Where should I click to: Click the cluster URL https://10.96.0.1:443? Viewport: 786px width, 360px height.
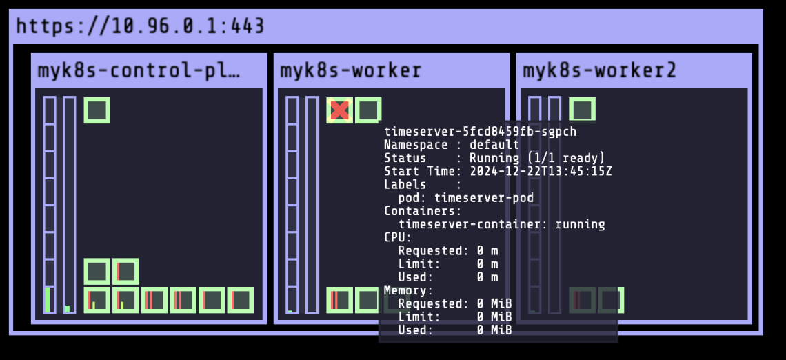coord(140,26)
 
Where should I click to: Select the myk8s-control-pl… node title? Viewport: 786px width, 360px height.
coord(139,70)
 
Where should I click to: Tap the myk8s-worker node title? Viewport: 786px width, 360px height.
coord(350,70)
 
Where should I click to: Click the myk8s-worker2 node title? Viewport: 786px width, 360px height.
coord(599,70)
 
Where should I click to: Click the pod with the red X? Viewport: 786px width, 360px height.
coord(339,110)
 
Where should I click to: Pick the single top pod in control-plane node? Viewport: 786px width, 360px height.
coord(97,110)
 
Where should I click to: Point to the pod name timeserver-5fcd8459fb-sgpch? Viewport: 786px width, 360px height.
coord(480,132)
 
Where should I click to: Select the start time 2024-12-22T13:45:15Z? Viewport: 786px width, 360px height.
coord(541,171)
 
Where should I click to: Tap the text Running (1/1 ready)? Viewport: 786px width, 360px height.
coord(537,158)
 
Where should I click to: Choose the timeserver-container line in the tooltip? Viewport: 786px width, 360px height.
coord(501,224)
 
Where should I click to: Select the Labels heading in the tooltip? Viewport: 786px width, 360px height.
coord(405,185)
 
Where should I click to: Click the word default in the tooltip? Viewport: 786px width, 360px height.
coord(494,145)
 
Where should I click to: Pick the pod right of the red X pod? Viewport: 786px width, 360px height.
coord(368,110)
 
